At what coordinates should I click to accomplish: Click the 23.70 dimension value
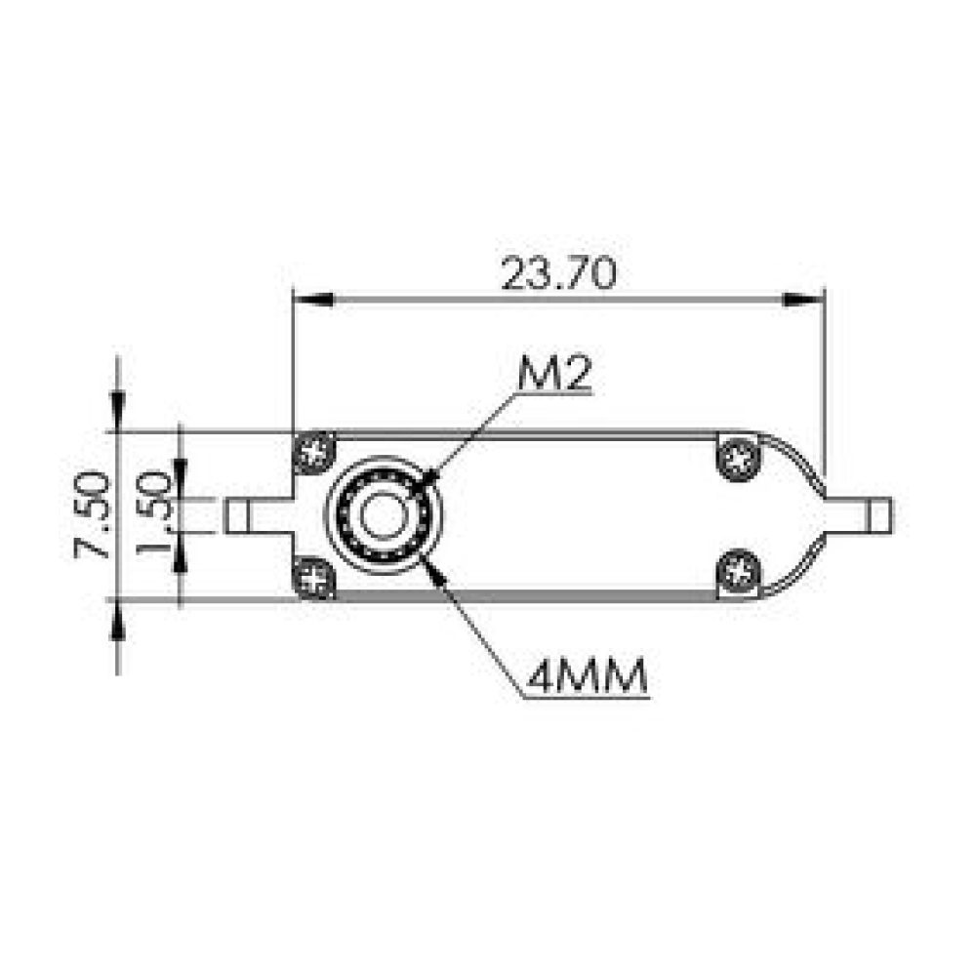click(x=558, y=274)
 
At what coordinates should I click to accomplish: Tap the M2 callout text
click(x=554, y=374)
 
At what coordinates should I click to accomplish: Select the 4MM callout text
click(x=587, y=676)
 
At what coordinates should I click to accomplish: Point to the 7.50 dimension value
click(x=92, y=514)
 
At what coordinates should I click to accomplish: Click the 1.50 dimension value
click(x=153, y=513)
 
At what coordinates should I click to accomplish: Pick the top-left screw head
click(x=313, y=451)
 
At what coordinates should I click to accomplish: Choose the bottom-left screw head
click(x=313, y=579)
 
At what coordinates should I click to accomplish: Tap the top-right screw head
click(x=739, y=460)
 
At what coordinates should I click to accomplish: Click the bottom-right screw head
click(x=739, y=571)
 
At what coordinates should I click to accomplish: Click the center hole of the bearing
click(x=384, y=515)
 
